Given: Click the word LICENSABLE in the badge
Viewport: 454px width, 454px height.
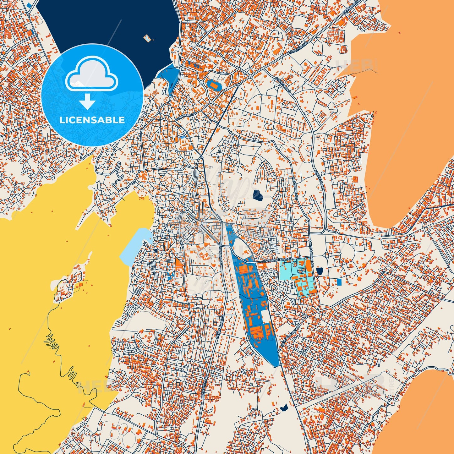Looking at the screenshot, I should [x=92, y=120].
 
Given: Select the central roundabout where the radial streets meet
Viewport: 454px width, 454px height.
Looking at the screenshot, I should [x=199, y=223].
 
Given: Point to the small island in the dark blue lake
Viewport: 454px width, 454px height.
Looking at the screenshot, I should [x=147, y=38].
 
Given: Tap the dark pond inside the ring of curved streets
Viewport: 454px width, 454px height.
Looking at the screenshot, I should [x=258, y=195].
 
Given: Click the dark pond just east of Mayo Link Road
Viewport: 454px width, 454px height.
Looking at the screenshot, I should [x=320, y=271].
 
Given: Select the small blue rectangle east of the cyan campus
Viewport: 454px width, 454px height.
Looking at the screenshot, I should [x=339, y=282].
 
